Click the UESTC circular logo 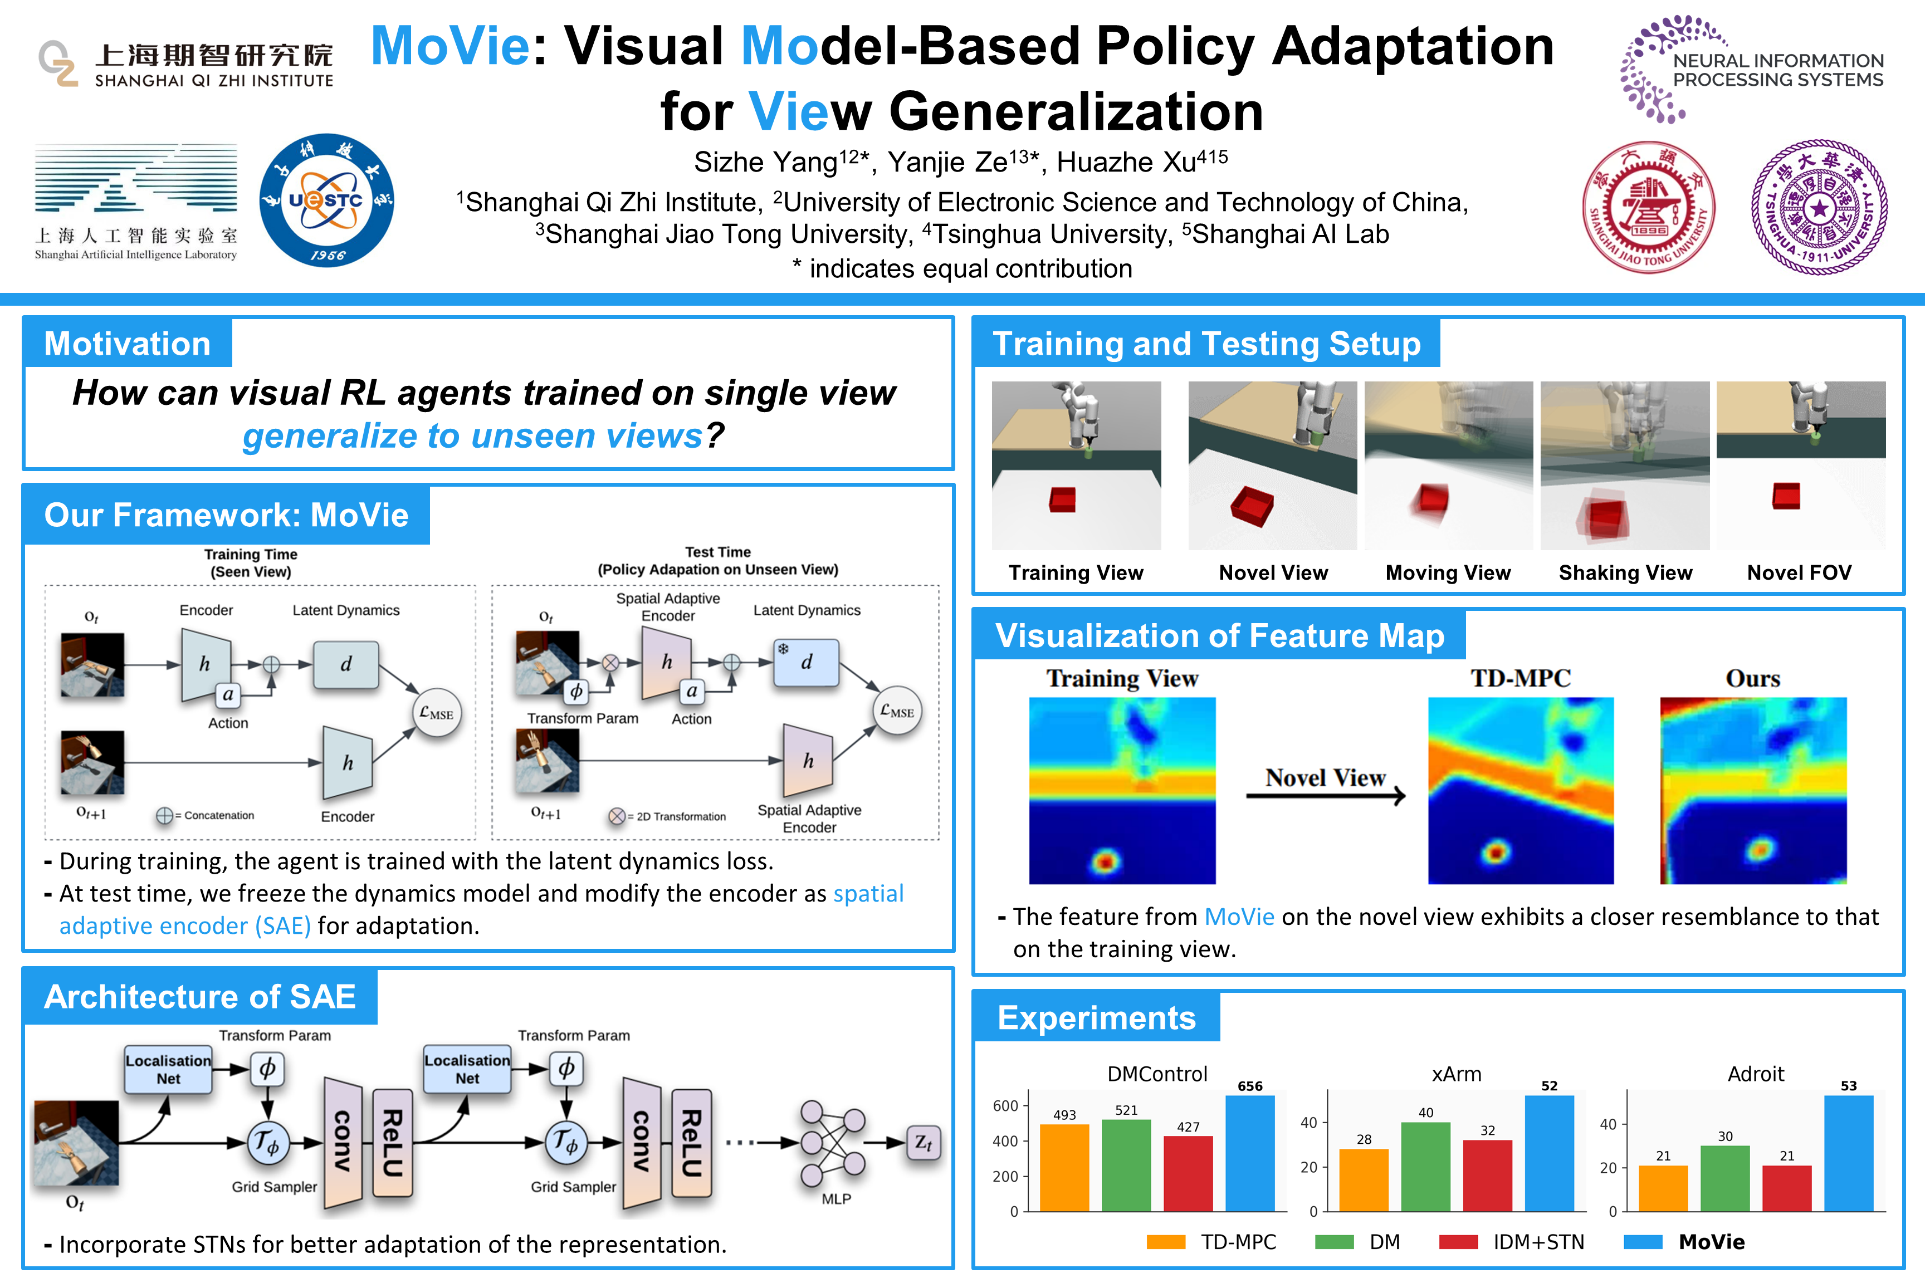pyautogui.click(x=326, y=200)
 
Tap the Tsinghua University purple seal pyautogui.click(x=1819, y=207)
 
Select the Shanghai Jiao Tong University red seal pyautogui.click(x=1648, y=207)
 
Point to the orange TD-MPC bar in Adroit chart pyautogui.click(x=1663, y=1188)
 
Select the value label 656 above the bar pyautogui.click(x=1250, y=1086)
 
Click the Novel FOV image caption pyautogui.click(x=1799, y=573)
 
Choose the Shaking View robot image pyautogui.click(x=1625, y=465)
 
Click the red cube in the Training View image pyautogui.click(x=1062, y=499)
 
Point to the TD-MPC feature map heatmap pyautogui.click(x=1521, y=790)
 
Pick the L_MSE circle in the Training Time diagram pyautogui.click(x=436, y=713)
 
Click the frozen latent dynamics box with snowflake pyautogui.click(x=806, y=663)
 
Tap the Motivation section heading pyautogui.click(x=128, y=344)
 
